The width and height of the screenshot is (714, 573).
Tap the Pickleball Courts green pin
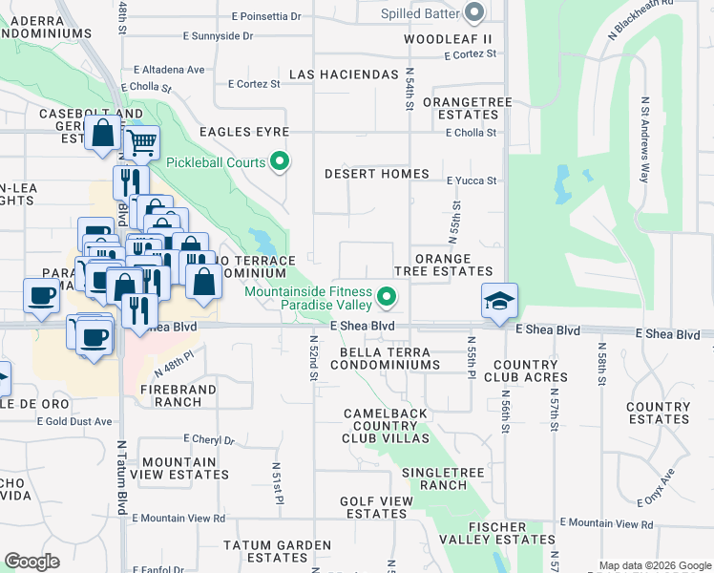pyautogui.click(x=280, y=162)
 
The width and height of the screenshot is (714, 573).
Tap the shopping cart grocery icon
pyautogui.click(x=141, y=144)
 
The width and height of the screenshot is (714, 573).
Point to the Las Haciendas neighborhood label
pyautogui.click(x=343, y=74)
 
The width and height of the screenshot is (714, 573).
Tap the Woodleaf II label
pyautogui.click(x=447, y=39)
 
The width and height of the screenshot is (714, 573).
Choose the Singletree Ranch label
pyautogui.click(x=434, y=478)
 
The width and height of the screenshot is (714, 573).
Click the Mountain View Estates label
pyautogui.click(x=186, y=468)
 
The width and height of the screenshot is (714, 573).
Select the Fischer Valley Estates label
pyautogui.click(x=497, y=533)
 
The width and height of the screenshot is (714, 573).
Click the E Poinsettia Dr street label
pyautogui.click(x=266, y=16)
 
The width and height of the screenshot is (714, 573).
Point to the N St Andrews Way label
pyautogui.click(x=645, y=139)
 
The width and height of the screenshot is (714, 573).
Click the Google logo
pyautogui.click(x=32, y=562)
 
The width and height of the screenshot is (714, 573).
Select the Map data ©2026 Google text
pyautogui.click(x=654, y=565)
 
